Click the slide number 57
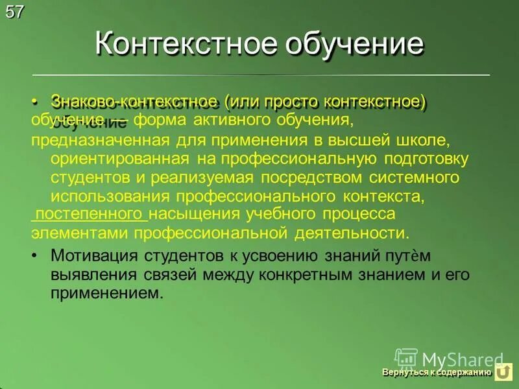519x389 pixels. pos(14,11)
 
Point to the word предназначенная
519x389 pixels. pos(85,140)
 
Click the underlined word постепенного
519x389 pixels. pos(90,215)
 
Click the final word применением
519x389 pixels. pos(105,292)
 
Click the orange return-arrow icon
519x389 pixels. pos(503,373)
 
